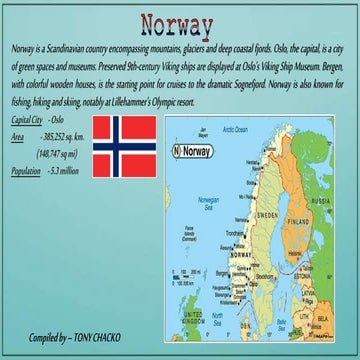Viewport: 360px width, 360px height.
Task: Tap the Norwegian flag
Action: [x=123, y=147]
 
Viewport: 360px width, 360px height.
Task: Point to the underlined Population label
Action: [x=25, y=171]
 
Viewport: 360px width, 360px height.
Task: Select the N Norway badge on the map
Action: [x=193, y=151]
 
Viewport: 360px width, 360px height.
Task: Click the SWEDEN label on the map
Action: [x=268, y=215]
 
